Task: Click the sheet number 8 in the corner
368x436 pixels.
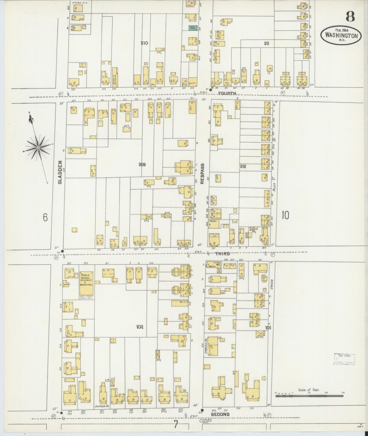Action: [x=350, y=17]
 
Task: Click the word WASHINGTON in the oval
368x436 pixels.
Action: [x=341, y=36]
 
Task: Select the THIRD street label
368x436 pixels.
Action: [x=222, y=254]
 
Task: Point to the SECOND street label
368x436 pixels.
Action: [x=220, y=414]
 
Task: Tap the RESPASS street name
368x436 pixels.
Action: [x=202, y=173]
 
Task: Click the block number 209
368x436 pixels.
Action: [x=142, y=165]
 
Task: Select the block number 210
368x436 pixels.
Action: [x=144, y=43]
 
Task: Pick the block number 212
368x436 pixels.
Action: [x=243, y=167]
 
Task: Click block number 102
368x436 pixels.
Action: [x=140, y=327]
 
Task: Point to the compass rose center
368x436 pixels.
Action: [x=38, y=148]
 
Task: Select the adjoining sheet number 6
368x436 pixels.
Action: [x=45, y=217]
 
